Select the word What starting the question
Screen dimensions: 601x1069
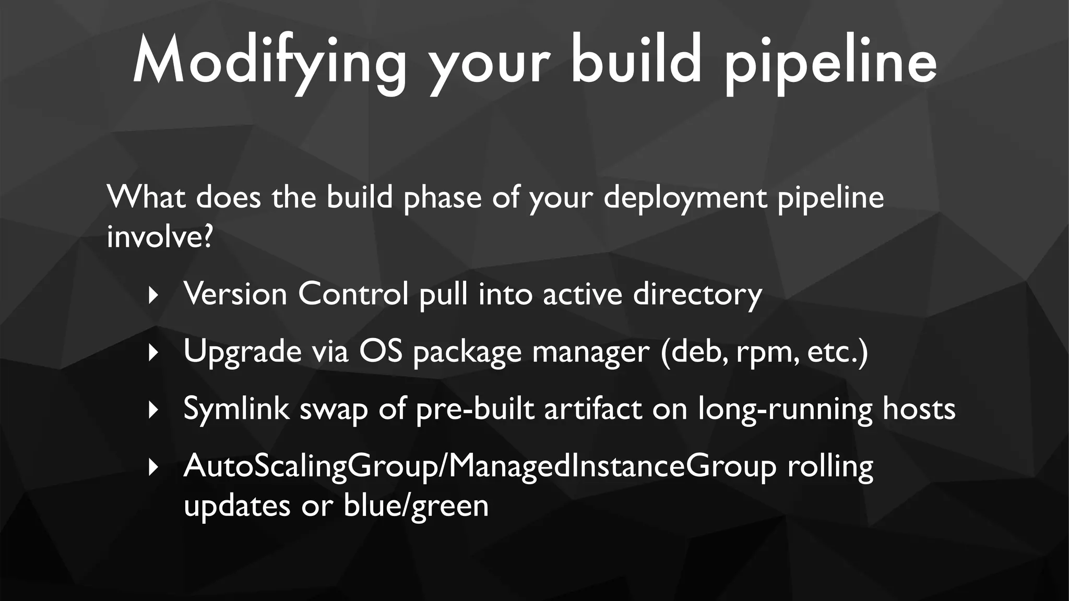pos(146,197)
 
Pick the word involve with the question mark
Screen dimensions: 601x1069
pos(160,237)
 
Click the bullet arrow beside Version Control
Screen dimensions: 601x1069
pos(153,296)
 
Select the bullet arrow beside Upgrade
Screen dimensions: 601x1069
pos(153,353)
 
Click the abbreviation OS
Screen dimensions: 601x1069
pos(381,351)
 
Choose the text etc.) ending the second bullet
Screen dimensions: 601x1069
pos(837,352)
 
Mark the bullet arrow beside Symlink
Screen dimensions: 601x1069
pos(153,410)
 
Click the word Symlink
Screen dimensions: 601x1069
pos(236,409)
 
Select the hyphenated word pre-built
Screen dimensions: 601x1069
pos(474,409)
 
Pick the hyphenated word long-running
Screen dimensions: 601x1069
pos(785,409)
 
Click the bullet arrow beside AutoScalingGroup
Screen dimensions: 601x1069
pos(153,467)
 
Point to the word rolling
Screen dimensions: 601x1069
pos(830,466)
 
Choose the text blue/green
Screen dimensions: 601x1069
pos(416,506)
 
